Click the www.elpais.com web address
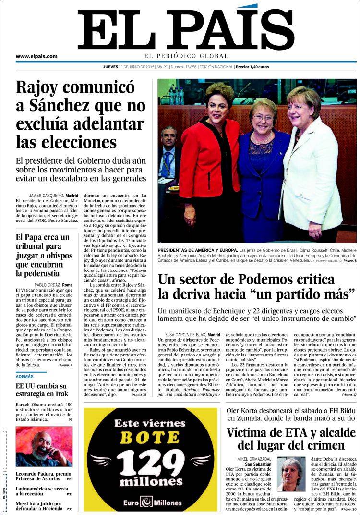coord(36,56)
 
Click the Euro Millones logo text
coord(151,503)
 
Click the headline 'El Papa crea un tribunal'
coord(43,255)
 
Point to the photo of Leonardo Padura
coord(44,447)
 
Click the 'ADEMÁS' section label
coord(25,377)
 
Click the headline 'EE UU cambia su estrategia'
coord(41,391)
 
